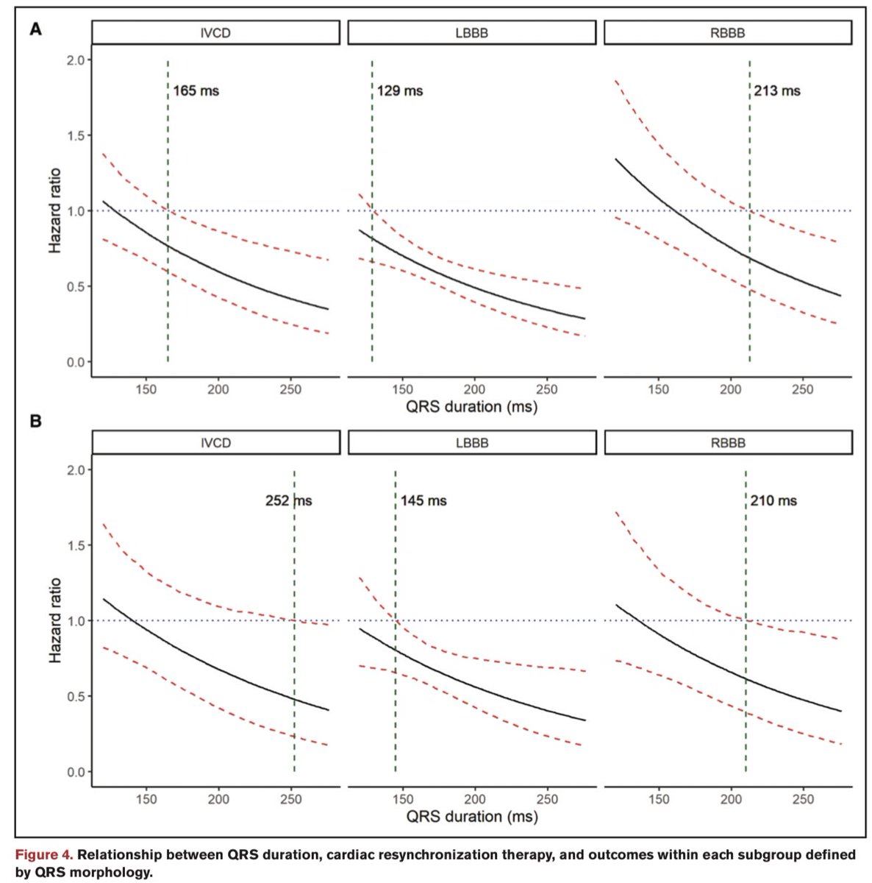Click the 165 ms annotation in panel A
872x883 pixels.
click(196, 91)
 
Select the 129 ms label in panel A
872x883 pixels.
click(400, 91)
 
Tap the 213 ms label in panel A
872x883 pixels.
click(777, 91)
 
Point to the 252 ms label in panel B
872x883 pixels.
click(288, 501)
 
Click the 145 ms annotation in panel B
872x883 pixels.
click(424, 501)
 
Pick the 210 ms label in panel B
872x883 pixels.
click(773, 501)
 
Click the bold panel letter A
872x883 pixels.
click(33, 30)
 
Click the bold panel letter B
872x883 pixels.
click(33, 422)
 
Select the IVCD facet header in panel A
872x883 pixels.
click(215, 33)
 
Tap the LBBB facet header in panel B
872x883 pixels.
click(471, 443)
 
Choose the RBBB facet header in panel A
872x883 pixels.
click(727, 33)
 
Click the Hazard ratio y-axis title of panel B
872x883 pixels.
click(55, 620)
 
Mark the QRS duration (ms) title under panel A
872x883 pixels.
click(471, 406)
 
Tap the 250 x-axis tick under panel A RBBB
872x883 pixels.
click(802, 389)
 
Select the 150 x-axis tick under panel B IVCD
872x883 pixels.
click(146, 799)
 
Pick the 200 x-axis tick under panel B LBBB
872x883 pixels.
click(474, 799)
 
